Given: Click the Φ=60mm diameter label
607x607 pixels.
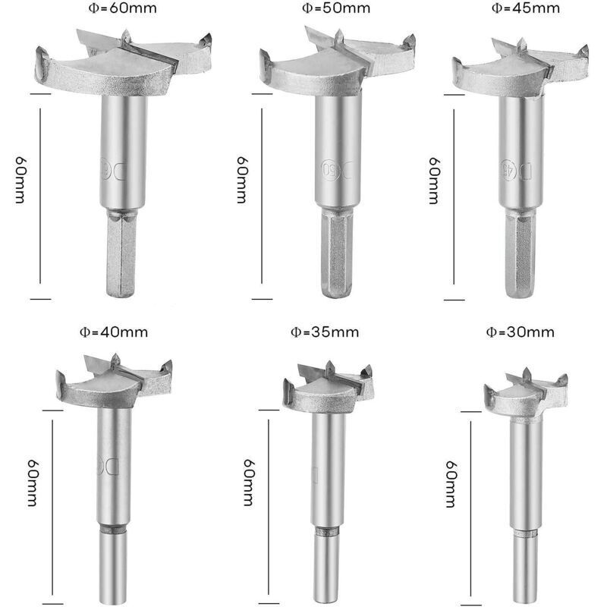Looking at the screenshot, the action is click(123, 8).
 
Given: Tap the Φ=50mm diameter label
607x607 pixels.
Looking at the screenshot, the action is click(336, 8).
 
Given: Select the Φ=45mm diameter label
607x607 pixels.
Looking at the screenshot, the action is click(526, 8).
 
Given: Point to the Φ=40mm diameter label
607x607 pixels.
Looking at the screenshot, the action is click(114, 332).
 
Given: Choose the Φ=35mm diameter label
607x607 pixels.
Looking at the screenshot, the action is click(325, 332).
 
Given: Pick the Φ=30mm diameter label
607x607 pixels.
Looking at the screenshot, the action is click(521, 332).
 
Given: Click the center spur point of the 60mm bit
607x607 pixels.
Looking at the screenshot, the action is click(126, 36).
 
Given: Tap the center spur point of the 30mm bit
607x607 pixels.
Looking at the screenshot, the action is click(527, 374).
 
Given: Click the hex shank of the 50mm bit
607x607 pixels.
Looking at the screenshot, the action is click(337, 253).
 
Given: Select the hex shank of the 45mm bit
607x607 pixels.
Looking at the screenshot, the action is click(521, 256).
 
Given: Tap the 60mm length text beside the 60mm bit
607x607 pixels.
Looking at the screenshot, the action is click(20, 180).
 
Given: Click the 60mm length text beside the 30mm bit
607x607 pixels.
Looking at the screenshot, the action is click(451, 484).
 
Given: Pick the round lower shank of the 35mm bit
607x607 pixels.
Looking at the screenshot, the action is click(326, 571).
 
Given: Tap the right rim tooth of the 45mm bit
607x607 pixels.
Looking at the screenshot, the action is click(583, 52).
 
